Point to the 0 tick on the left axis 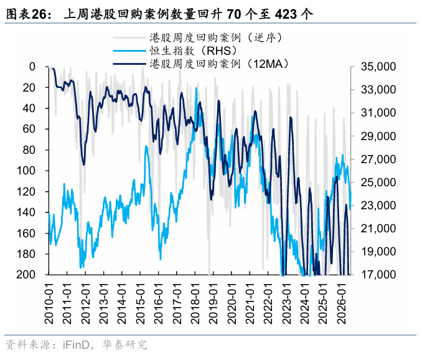click(32, 67)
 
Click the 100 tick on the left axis click(26, 171)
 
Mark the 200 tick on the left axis click(26, 275)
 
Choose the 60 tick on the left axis click(29, 129)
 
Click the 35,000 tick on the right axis click(378, 67)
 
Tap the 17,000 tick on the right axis click(378, 275)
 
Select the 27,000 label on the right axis click(378, 159)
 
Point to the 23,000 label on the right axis click(378, 206)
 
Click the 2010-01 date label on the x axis click(49, 303)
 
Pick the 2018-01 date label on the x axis click(195, 303)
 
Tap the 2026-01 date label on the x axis click(341, 303)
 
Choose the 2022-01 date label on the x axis click(268, 303)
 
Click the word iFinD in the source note click(76, 345)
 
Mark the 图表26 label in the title click(27, 14)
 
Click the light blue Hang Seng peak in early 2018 click(197, 88)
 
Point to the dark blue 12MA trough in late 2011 click(83, 164)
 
